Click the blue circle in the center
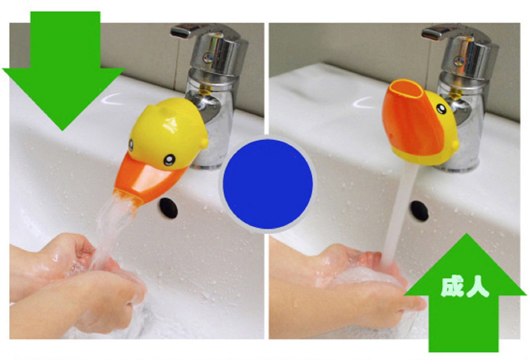point(267,184)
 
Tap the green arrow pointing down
point(63,68)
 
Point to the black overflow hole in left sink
point(169,208)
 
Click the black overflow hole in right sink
point(420,211)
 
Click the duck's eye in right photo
point(441,108)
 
